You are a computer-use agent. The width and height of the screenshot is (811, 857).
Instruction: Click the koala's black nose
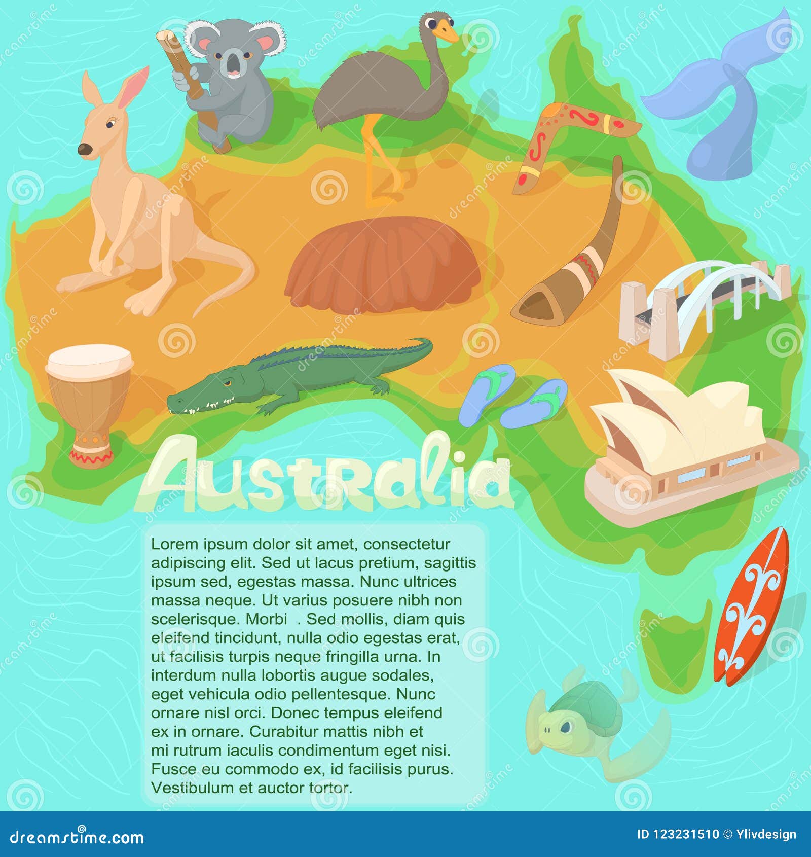[x=234, y=63]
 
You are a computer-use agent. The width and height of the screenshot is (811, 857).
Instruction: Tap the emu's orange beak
[x=447, y=32]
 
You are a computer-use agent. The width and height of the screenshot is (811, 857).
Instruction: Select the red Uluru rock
[x=383, y=266]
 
